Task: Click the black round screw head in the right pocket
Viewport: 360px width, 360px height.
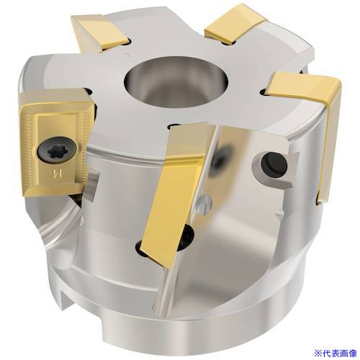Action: click(x=274, y=163)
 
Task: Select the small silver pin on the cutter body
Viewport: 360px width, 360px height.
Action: click(x=204, y=204)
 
